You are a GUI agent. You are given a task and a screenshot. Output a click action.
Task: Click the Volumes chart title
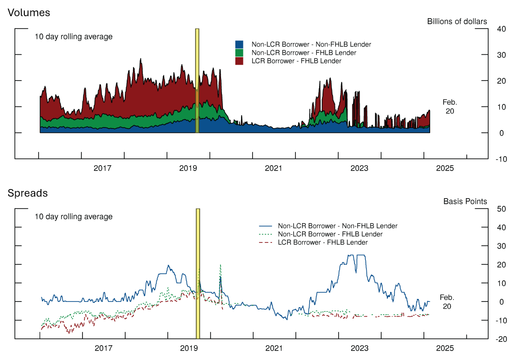[29, 13]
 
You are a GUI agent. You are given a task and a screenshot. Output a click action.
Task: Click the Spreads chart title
[27, 193]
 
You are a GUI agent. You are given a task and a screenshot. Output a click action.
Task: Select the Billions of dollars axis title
[457, 21]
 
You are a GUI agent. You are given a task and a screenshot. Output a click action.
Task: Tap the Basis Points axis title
[465, 201]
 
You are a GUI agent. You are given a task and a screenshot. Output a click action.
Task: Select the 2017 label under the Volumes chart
[102, 168]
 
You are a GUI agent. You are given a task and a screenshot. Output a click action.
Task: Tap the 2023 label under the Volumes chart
[359, 168]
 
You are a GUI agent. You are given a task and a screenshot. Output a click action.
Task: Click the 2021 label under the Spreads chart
[274, 348]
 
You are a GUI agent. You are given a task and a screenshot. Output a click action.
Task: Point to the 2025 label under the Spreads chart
[445, 348]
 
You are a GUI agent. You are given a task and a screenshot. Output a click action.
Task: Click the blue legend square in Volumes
[240, 44]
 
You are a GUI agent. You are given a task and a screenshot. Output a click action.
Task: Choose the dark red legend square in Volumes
[240, 61]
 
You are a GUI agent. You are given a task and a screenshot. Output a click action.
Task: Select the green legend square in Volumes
[240, 52]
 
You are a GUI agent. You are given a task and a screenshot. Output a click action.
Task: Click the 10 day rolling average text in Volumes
[73, 37]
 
